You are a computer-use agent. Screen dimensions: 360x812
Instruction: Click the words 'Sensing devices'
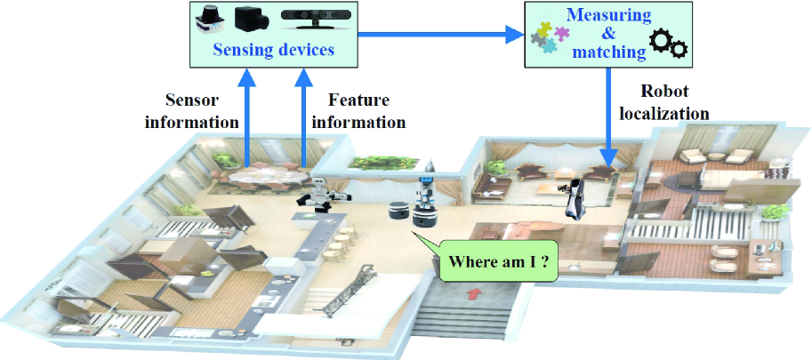tap(274, 50)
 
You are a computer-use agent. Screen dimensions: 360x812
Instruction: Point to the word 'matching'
tap(609, 52)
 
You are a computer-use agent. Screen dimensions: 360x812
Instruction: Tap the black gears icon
tap(669, 42)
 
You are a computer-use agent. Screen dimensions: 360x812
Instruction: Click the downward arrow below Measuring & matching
tap(609, 116)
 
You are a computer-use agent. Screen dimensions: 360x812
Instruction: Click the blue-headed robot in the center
tap(425, 204)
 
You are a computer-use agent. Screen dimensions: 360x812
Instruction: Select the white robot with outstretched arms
tap(318, 195)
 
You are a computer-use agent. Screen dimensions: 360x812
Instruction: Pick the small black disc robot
tap(395, 212)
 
